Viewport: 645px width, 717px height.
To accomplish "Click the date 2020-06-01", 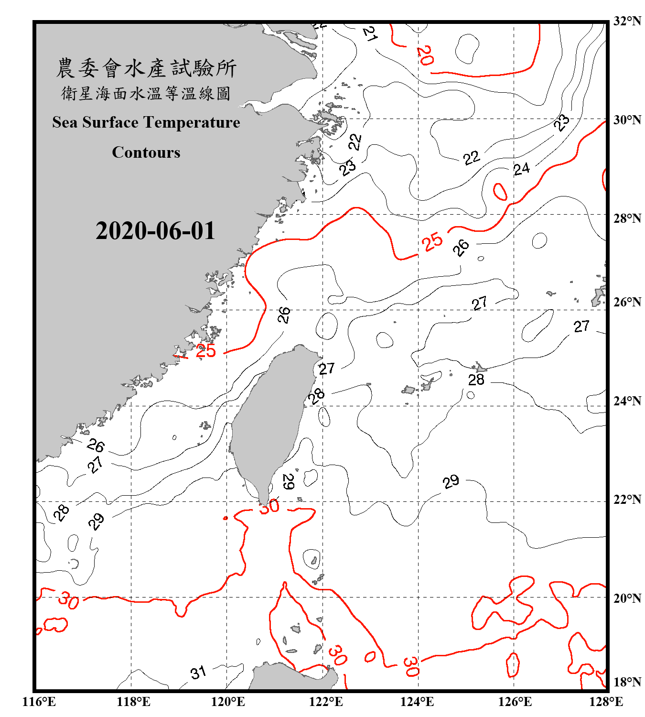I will click(x=155, y=231).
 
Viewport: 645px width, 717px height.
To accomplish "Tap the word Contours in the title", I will click(x=146, y=152).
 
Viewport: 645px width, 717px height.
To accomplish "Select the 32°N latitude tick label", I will click(x=627, y=21).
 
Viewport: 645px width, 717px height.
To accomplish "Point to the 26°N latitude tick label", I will click(x=627, y=302).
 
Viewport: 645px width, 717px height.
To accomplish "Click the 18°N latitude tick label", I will click(x=627, y=682).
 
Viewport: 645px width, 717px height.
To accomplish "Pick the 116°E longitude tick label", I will click(x=39, y=702).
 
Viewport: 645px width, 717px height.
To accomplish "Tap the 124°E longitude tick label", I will click(x=417, y=702).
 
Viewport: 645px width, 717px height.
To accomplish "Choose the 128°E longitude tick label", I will click(x=606, y=702).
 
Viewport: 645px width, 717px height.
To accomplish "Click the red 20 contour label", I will click(x=425, y=55).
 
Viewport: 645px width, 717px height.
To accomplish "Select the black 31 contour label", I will click(x=198, y=673).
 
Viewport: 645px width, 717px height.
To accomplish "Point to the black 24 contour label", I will click(x=521, y=169).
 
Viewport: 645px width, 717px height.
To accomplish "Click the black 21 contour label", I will click(x=370, y=33).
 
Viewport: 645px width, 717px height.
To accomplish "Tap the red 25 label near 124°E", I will click(x=432, y=241).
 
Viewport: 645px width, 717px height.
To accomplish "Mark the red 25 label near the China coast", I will click(x=205, y=351).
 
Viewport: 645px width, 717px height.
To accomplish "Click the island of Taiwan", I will click(x=270, y=421).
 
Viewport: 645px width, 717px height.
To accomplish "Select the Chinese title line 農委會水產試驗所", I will click(x=146, y=68).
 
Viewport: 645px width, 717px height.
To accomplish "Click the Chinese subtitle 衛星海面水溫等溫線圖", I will click(x=146, y=93).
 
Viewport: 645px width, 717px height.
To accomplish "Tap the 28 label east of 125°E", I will click(x=476, y=380).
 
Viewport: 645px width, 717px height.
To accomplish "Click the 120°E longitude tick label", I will click(x=228, y=702).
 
